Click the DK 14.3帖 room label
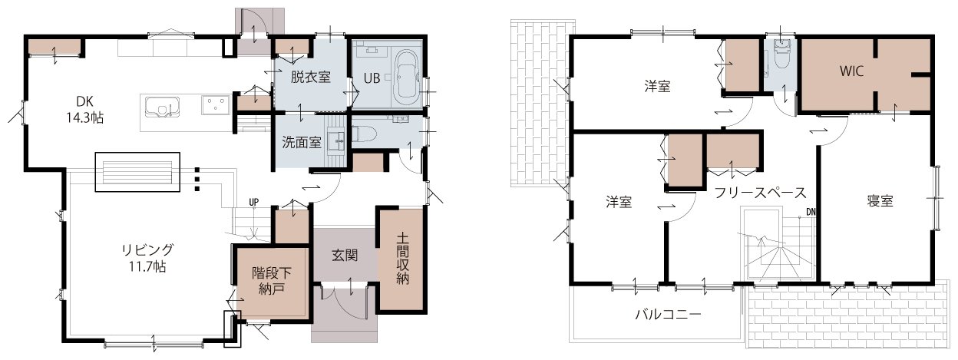(84, 110)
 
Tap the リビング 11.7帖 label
(147, 258)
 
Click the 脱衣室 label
(310, 78)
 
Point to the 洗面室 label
(301, 142)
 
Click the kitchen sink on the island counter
(162, 107)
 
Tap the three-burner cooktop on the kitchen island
(216, 104)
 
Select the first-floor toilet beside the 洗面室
(364, 134)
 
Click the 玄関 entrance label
(345, 256)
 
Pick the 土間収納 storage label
(402, 259)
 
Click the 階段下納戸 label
(272, 280)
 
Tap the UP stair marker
(253, 202)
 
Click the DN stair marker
(811, 212)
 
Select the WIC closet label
(851, 71)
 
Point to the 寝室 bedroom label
(880, 201)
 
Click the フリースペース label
(760, 193)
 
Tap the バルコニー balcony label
(668, 315)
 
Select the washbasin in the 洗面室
(339, 140)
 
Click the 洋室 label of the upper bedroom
(657, 87)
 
